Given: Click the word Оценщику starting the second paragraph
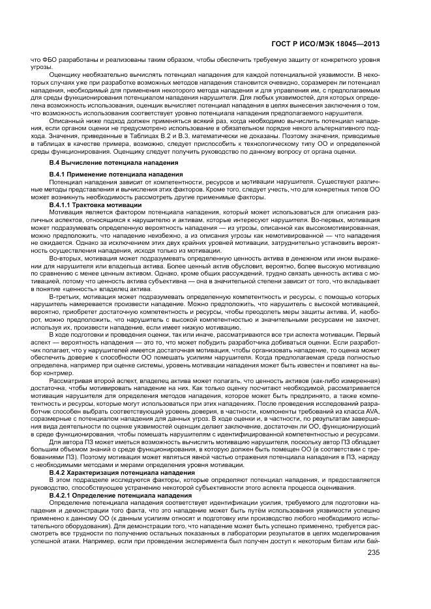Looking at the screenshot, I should click(x=65, y=76).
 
